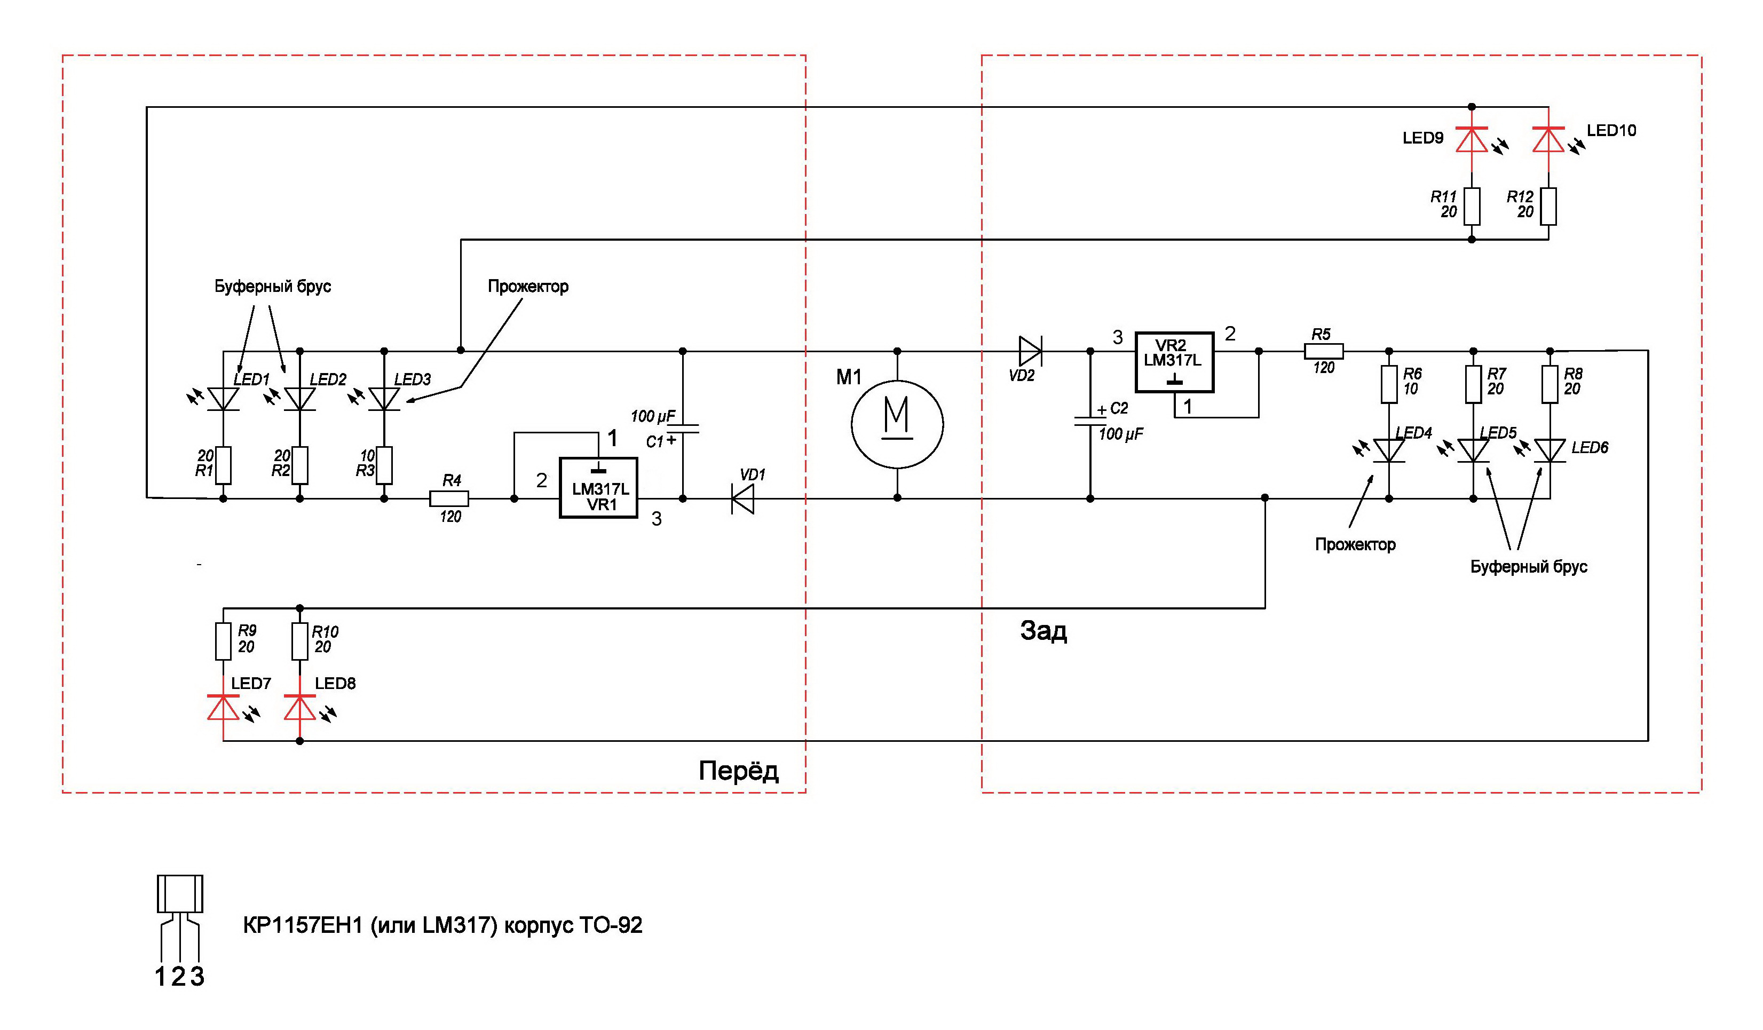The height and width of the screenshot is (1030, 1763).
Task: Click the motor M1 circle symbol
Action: pyautogui.click(x=897, y=424)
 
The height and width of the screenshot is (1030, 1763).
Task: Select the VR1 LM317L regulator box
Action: pyautogui.click(x=599, y=488)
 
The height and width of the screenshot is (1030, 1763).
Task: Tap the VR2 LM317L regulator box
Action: pyautogui.click(x=1174, y=362)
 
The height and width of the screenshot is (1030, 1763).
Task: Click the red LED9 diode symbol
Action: pyautogui.click(x=1471, y=139)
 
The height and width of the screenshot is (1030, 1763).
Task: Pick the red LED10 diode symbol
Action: pyautogui.click(x=1548, y=139)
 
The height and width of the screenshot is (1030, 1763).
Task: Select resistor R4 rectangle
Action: pyautogui.click(x=448, y=498)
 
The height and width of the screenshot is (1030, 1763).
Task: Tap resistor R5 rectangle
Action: pyautogui.click(x=1324, y=351)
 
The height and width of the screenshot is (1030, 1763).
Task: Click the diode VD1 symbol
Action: pyautogui.click(x=743, y=498)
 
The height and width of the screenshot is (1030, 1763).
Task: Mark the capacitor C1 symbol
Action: pyautogui.click(x=683, y=427)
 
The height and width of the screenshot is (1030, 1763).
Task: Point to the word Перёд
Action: pyautogui.click(x=738, y=771)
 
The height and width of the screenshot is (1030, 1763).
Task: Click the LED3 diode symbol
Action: pyautogui.click(x=383, y=399)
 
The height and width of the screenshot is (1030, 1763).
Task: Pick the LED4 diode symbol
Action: pyautogui.click(x=1389, y=450)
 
